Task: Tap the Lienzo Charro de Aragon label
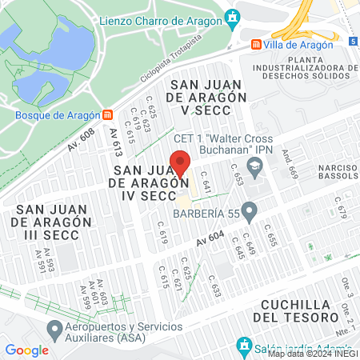pos(160,17)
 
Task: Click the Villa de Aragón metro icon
pos(256,45)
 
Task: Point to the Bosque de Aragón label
pos(52,114)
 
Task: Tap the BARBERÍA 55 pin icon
pos(249,212)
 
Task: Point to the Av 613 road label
pos(117,142)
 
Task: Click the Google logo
pos(26,350)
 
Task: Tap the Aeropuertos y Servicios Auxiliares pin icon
pos(54,329)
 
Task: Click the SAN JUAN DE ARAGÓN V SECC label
pos(205,96)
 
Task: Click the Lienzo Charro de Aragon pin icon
pos(233,17)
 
